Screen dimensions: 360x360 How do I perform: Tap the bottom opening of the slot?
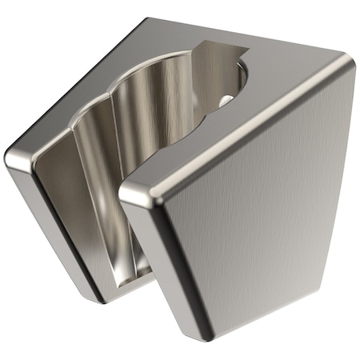tap(132, 276)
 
